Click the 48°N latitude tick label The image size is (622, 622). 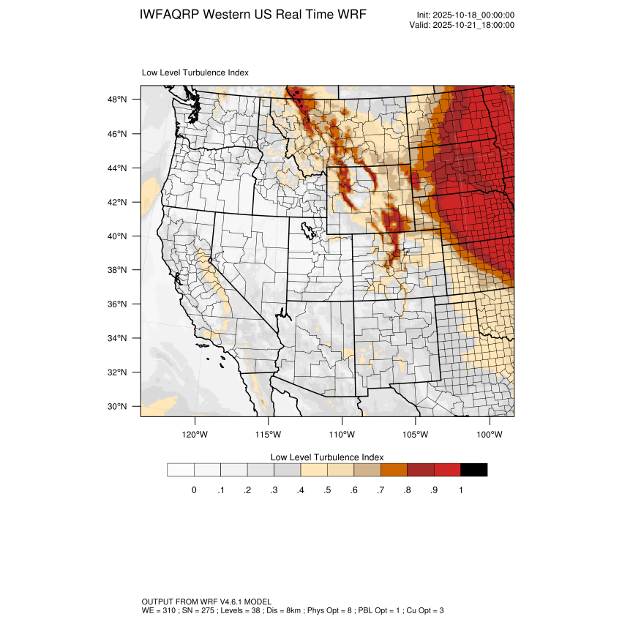[119, 100]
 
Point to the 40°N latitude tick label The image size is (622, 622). [119, 236]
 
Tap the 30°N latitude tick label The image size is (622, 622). [119, 406]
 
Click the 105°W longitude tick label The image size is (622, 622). [416, 434]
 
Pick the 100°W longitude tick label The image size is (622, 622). [489, 434]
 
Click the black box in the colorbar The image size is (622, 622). [473, 470]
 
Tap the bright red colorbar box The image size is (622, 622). [447, 470]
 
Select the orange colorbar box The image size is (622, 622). [394, 470]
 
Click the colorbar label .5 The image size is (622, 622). [327, 490]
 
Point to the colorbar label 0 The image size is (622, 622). [194, 490]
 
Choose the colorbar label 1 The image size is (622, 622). [460, 490]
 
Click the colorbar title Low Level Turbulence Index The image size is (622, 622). [327, 457]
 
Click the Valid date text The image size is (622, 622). [462, 25]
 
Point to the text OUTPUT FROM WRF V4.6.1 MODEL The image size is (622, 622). [206, 601]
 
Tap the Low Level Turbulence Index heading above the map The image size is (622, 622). [195, 72]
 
